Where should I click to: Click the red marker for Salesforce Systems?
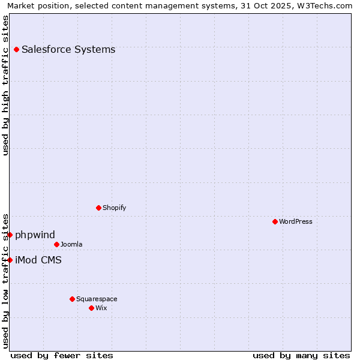(16, 49)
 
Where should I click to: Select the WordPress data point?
(275, 221)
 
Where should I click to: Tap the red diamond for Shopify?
(98, 208)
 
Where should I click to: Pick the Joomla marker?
(56, 244)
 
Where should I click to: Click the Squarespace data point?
(72, 299)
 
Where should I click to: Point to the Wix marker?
(91, 308)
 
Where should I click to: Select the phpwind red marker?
(10, 235)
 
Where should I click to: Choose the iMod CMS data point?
(10, 260)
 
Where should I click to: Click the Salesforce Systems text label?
(68, 49)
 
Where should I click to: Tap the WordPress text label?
(296, 221)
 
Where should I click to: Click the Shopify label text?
(114, 208)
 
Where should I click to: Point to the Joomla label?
(71, 244)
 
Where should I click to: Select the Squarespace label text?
(97, 299)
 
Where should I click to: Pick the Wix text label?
(101, 308)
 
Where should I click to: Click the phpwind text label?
(35, 235)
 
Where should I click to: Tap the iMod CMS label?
(38, 260)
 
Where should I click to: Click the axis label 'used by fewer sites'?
(62, 355)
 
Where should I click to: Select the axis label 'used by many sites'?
(301, 355)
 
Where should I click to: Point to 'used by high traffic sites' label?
(5, 85)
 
